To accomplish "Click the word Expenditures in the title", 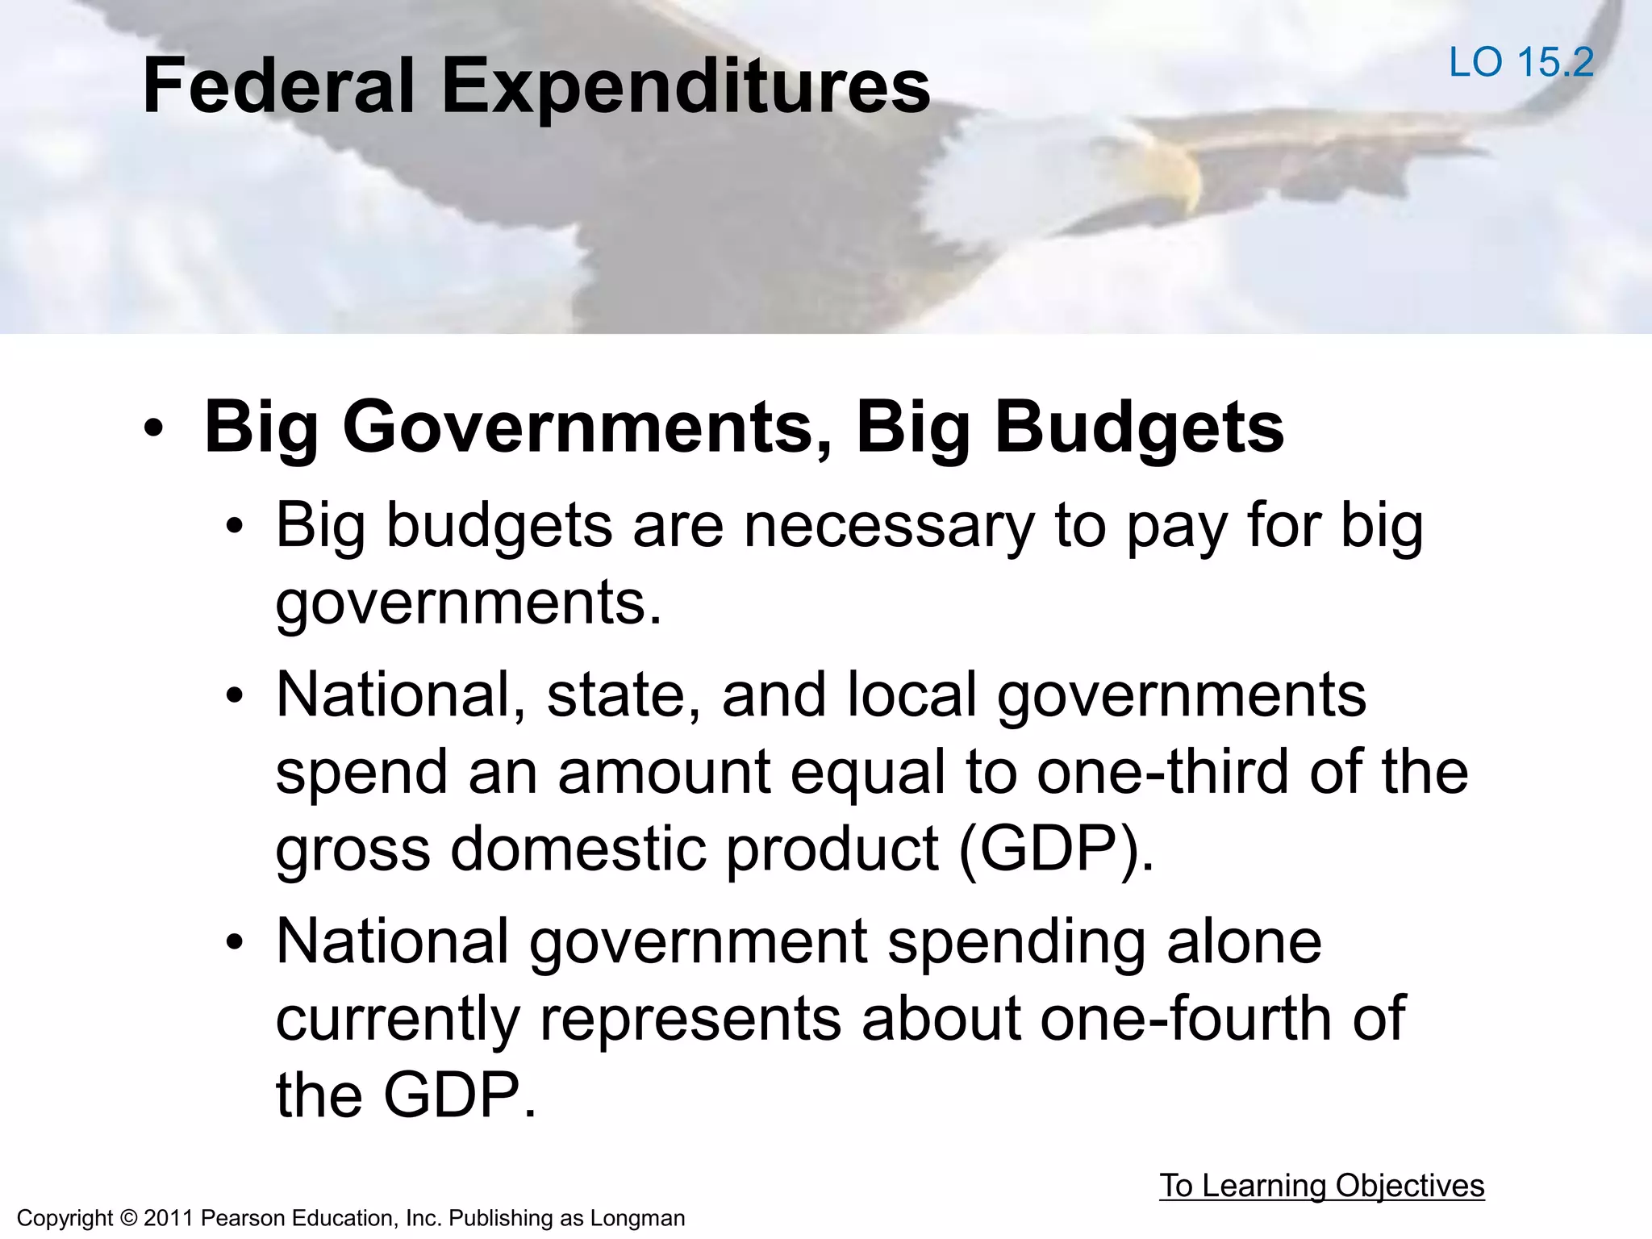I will click(x=686, y=87).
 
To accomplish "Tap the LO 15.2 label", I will click(x=1521, y=62).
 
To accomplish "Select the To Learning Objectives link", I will click(x=1321, y=1185).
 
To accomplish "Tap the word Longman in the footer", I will click(x=637, y=1218).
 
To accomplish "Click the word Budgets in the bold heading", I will click(x=1138, y=428).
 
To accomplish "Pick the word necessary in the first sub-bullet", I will click(x=888, y=526).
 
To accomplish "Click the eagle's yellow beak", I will click(x=1174, y=173).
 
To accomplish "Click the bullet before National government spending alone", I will click(x=234, y=942).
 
